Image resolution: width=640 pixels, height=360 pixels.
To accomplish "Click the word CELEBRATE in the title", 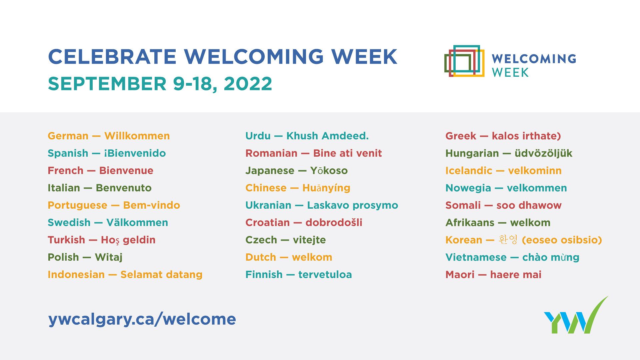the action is click(112, 57).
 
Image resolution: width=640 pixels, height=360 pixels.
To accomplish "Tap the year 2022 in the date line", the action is click(248, 84).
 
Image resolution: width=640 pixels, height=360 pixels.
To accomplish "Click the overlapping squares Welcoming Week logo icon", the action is click(464, 61).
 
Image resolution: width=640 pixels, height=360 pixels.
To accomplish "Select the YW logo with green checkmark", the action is click(576, 315).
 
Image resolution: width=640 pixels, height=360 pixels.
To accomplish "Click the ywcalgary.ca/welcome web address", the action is click(142, 319).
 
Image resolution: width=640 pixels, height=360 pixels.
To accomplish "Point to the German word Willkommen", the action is click(137, 136).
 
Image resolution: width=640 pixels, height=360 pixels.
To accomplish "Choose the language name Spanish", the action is click(68, 154).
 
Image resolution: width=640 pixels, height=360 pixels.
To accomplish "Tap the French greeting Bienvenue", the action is click(126, 171).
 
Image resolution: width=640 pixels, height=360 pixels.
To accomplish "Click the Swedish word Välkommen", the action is click(137, 222).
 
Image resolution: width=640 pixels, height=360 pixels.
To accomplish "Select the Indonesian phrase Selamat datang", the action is click(161, 275).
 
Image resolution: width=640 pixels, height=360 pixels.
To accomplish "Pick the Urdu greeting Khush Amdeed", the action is click(328, 136).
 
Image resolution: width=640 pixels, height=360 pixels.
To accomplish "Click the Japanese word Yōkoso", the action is click(329, 171).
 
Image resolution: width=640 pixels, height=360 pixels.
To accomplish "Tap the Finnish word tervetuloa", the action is click(325, 275).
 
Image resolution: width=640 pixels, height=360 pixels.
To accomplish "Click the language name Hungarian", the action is click(472, 154).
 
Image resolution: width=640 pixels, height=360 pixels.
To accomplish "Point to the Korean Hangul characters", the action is click(508, 240).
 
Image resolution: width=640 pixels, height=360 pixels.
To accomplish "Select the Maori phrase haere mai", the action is click(516, 275).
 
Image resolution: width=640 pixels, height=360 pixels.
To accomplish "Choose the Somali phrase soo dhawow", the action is click(529, 205).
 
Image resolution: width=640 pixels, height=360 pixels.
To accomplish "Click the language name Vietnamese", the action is click(476, 257).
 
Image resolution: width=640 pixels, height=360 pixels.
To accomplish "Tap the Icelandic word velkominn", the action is click(535, 171).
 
